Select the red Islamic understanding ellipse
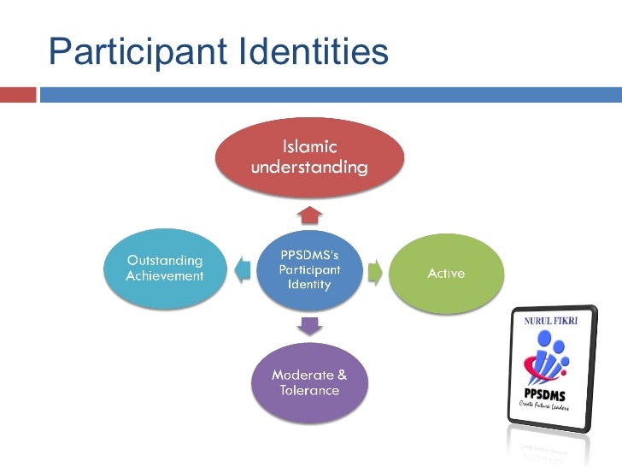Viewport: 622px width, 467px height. (309, 157)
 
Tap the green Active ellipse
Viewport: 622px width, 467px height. (446, 274)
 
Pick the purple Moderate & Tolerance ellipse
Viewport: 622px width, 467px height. (309, 383)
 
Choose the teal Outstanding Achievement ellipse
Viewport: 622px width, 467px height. (166, 268)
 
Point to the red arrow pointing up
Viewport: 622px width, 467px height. (310, 213)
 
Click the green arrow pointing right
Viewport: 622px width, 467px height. (374, 272)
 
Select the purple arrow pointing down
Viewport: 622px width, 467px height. (309, 326)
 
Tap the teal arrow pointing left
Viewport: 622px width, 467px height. (243, 270)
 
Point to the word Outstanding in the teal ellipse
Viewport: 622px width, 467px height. (165, 260)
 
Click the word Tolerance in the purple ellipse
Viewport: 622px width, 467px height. (309, 391)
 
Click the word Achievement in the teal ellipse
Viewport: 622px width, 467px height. (165, 276)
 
